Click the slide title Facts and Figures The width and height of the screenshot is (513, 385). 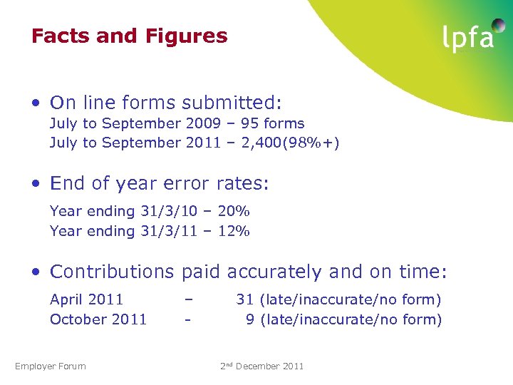coord(129,36)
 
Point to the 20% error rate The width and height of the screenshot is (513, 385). coord(233,211)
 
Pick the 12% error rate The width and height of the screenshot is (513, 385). coord(233,231)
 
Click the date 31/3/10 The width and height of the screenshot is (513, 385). coord(166,211)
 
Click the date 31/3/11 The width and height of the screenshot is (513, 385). coord(166,231)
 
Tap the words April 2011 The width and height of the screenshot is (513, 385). coord(86,299)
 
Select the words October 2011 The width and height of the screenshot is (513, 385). coord(98,319)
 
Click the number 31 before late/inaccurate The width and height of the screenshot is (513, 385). coord(245,299)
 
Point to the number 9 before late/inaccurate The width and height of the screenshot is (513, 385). coord(250,319)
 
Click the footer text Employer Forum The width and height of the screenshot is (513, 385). coord(51,366)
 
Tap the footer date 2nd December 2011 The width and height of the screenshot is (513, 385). coord(261,366)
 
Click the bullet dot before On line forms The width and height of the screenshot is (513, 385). coord(36,103)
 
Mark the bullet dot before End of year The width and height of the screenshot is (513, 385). coord(36,184)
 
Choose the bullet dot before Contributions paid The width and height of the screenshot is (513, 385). coord(36,272)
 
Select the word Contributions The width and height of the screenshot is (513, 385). coord(112,272)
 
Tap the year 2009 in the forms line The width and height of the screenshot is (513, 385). coord(202,123)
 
